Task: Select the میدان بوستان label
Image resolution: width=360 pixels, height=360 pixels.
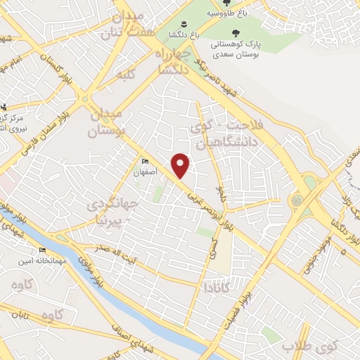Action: click(x=107, y=122)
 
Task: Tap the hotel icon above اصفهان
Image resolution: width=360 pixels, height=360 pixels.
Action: click(x=146, y=161)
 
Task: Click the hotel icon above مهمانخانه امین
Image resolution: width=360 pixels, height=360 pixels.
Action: click(x=43, y=250)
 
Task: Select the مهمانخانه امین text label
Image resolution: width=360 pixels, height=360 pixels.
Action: click(x=33, y=260)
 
